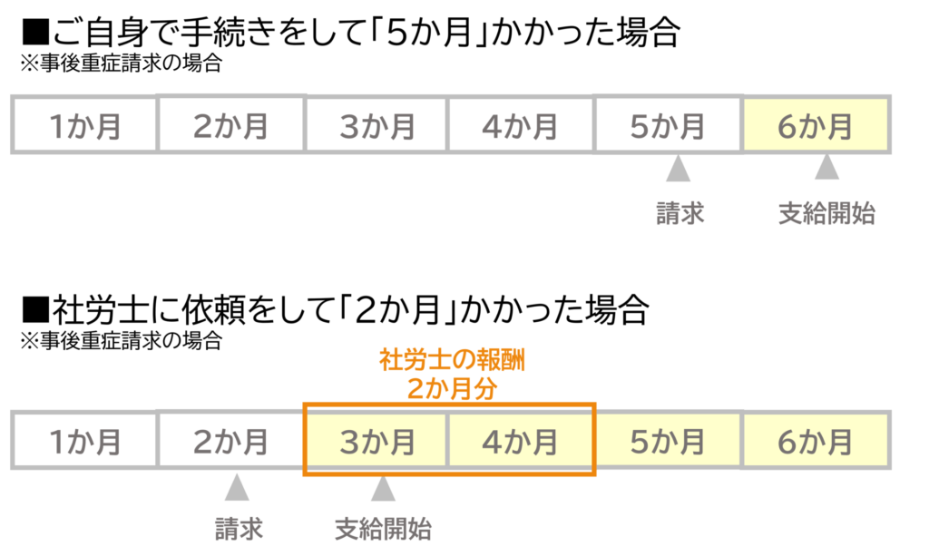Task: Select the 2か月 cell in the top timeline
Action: point(230,125)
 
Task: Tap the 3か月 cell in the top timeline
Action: point(376,125)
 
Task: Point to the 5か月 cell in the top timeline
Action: point(668,125)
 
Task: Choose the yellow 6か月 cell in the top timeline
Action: point(816,125)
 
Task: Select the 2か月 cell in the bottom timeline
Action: point(230,441)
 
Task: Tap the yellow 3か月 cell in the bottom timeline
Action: point(376,441)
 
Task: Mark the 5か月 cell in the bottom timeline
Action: point(668,441)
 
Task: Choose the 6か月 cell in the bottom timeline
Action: point(816,441)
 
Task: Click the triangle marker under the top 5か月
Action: point(678,170)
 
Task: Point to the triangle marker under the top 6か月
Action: point(826,170)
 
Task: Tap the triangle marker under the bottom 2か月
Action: point(237,488)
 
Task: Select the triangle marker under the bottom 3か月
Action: point(384,488)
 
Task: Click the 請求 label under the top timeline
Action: point(680,214)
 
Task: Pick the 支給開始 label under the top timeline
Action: point(826,214)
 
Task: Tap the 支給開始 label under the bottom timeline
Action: point(383,529)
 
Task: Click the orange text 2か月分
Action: point(452,388)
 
